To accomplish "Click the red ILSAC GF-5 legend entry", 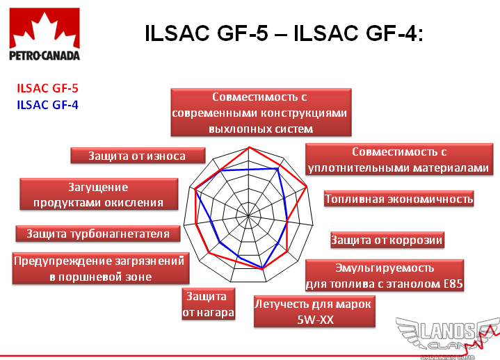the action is click(x=47, y=88).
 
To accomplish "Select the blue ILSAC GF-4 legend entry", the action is click(x=47, y=105).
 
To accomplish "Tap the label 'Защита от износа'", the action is click(x=138, y=156).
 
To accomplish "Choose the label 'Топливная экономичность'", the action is click(x=398, y=199).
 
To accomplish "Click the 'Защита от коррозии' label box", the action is click(x=387, y=240).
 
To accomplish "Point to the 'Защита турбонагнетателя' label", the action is click(x=98, y=234).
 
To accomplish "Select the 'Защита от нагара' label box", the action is click(x=209, y=304).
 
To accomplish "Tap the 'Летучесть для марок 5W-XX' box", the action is click(x=314, y=311).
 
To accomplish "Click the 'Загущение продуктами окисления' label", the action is click(x=99, y=194).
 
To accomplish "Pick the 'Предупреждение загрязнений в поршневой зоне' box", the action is click(x=101, y=268).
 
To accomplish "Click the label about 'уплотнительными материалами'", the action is click(x=399, y=159).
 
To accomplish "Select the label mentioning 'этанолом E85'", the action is click(x=385, y=275).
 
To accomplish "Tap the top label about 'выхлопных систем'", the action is click(x=261, y=113).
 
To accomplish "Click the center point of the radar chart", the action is click(x=248, y=215).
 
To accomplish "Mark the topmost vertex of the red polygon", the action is click(x=250, y=147).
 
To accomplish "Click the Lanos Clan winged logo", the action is click(x=448, y=337).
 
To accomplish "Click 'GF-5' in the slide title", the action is click(x=242, y=33).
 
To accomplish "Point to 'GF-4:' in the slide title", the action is click(x=394, y=33).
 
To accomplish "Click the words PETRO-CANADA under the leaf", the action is click(x=45, y=56).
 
